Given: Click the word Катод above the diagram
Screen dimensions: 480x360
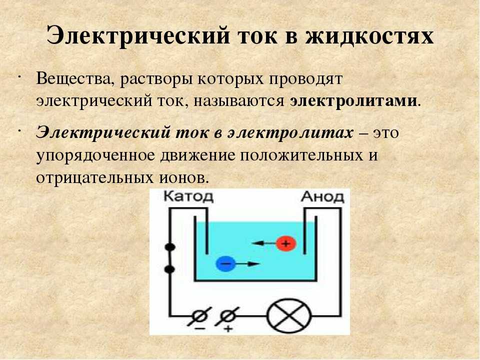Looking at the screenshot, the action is coord(188,196).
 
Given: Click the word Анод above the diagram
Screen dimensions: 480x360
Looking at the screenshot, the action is coord(322,196).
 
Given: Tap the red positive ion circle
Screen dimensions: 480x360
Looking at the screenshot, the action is coord(286,243).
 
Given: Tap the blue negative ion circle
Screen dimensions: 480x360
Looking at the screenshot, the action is coord(225,263).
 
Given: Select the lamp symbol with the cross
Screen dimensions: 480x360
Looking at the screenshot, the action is coord(289,315).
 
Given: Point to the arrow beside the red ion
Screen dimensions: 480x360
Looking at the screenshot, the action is coord(263,243).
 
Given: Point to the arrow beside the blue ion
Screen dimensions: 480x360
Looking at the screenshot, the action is coord(248,263).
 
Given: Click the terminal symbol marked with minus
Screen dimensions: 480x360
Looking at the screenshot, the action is coord(200,316).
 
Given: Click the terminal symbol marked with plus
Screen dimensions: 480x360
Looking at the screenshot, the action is coord(227,316).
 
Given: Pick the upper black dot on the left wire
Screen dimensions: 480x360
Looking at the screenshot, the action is coord(169,246).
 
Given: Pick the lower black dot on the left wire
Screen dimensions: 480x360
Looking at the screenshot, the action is coord(169,269).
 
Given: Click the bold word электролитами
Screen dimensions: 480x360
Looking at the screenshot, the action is coord(353,100).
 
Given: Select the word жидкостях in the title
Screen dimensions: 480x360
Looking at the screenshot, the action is coord(369,36).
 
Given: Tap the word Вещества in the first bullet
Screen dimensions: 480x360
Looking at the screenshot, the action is coord(73,79).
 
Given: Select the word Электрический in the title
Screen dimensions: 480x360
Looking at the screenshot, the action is coord(138,36).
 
